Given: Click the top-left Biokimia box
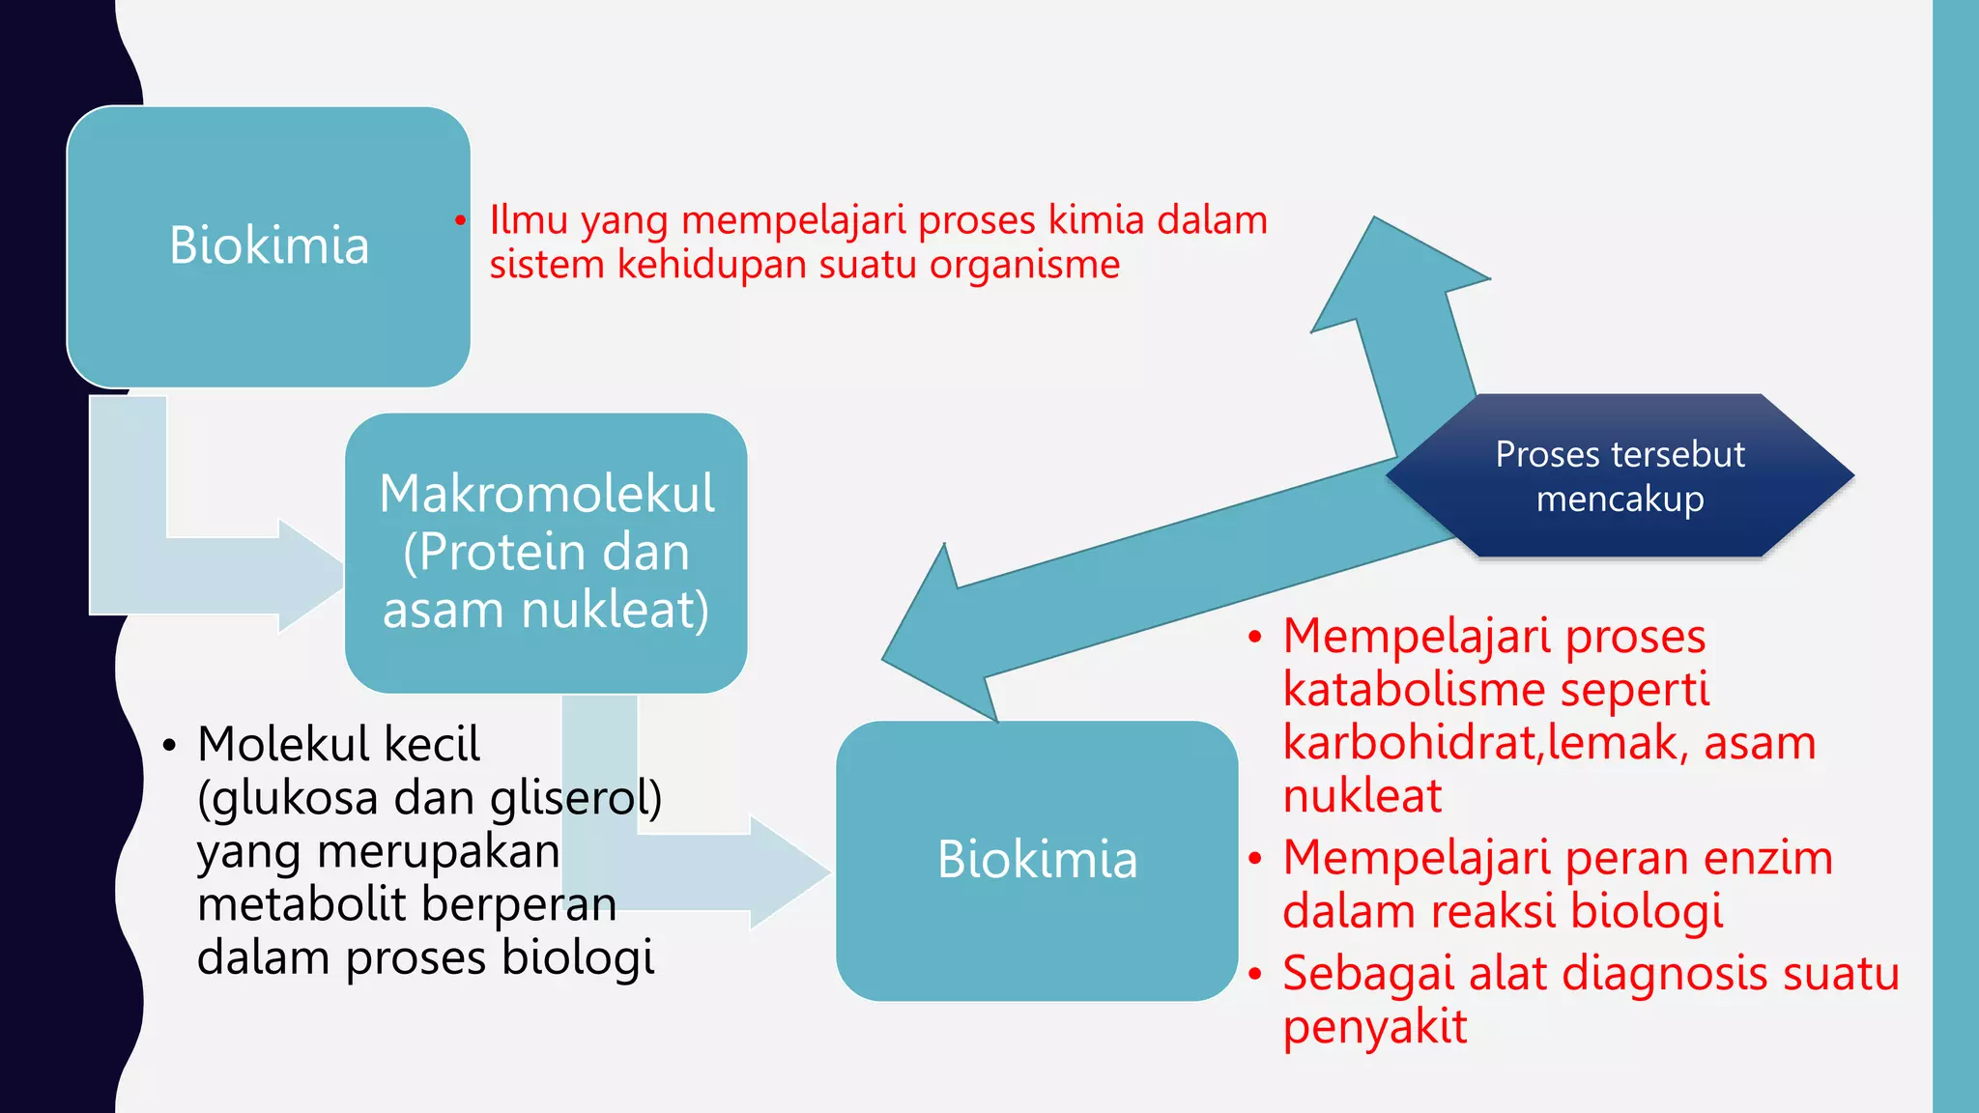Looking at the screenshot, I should [269, 246].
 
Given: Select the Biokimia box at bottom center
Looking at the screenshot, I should [1037, 860].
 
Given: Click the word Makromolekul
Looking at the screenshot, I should [547, 494].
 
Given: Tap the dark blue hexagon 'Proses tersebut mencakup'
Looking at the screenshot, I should [1620, 476].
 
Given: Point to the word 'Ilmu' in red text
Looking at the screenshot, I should [528, 220].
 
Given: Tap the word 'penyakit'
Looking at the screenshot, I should [1374, 1027].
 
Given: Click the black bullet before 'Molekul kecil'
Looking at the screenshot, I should [170, 746].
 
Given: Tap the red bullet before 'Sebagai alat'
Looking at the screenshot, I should [1254, 974].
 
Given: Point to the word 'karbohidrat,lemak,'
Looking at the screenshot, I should [1484, 743].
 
